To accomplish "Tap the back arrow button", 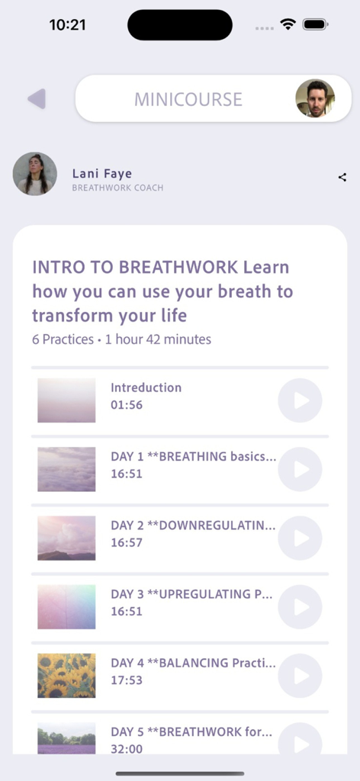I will pyautogui.click(x=37, y=99).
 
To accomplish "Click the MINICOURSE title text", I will pyautogui.click(x=188, y=99).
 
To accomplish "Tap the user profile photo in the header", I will pyautogui.click(x=314, y=98).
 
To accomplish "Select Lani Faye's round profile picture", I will pyautogui.click(x=35, y=174).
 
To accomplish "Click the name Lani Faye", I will pyautogui.click(x=102, y=174).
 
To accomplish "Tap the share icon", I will pyautogui.click(x=342, y=178).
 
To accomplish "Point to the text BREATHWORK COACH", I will pyautogui.click(x=117, y=188).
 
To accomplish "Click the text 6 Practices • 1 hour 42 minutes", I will pyautogui.click(x=121, y=339).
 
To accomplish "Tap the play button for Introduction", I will pyautogui.click(x=300, y=400).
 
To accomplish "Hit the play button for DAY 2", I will pyautogui.click(x=300, y=538).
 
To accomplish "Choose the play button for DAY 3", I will pyautogui.click(x=300, y=606).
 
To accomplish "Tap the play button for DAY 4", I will pyautogui.click(x=300, y=676).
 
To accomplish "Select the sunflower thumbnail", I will pyautogui.click(x=66, y=675).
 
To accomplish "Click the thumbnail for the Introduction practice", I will pyautogui.click(x=66, y=400).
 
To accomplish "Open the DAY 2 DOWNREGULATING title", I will pyautogui.click(x=193, y=525).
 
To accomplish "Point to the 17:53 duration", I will pyautogui.click(x=127, y=680).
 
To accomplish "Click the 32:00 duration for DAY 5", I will pyautogui.click(x=127, y=748).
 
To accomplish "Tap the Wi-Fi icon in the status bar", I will pyautogui.click(x=288, y=24).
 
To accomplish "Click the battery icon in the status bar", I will pyautogui.click(x=315, y=24).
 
